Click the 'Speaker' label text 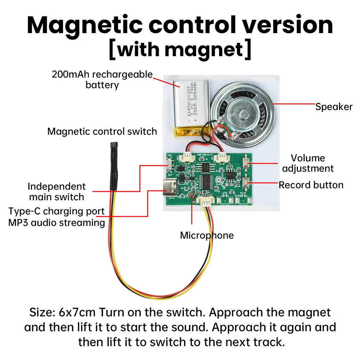[334, 107]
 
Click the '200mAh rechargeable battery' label [102, 80]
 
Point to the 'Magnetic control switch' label [102, 131]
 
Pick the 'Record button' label [311, 185]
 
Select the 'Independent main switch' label [57, 192]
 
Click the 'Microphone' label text [207, 235]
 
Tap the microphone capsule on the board [192, 195]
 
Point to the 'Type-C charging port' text [57, 211]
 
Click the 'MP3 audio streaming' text [57, 222]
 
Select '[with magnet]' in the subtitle [180, 50]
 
